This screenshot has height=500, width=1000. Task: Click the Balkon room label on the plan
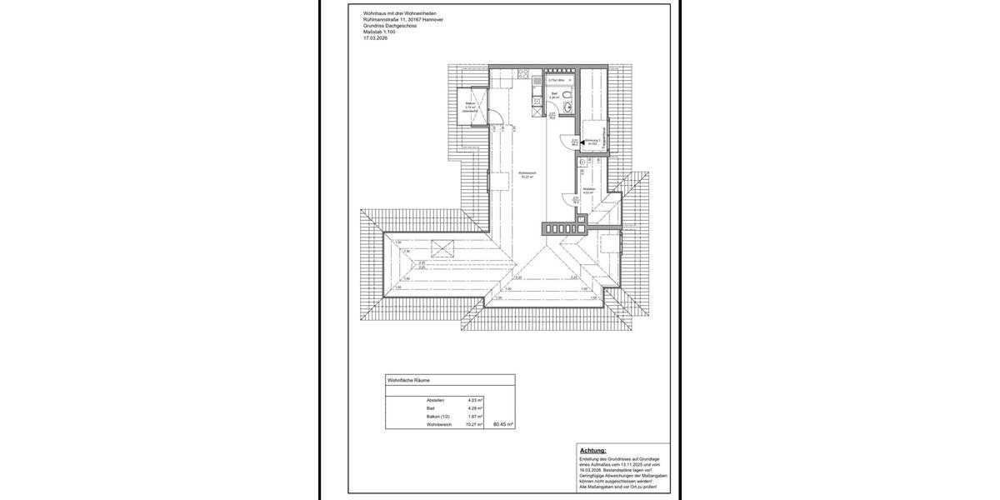(x=470, y=103)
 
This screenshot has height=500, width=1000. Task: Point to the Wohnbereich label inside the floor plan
(x=527, y=173)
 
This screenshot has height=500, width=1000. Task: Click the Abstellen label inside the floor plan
(x=588, y=189)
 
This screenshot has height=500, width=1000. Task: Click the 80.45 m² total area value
(x=503, y=424)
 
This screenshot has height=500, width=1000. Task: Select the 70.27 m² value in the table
(x=474, y=425)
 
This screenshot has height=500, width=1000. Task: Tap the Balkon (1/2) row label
(x=440, y=417)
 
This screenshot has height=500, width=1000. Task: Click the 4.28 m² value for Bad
(x=475, y=408)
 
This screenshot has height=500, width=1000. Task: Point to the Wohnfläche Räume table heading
(x=408, y=380)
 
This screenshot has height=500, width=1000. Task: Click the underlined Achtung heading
(x=593, y=450)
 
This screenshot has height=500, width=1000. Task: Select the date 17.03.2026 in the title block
(x=376, y=38)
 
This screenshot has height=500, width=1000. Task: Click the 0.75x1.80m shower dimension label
(x=557, y=80)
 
